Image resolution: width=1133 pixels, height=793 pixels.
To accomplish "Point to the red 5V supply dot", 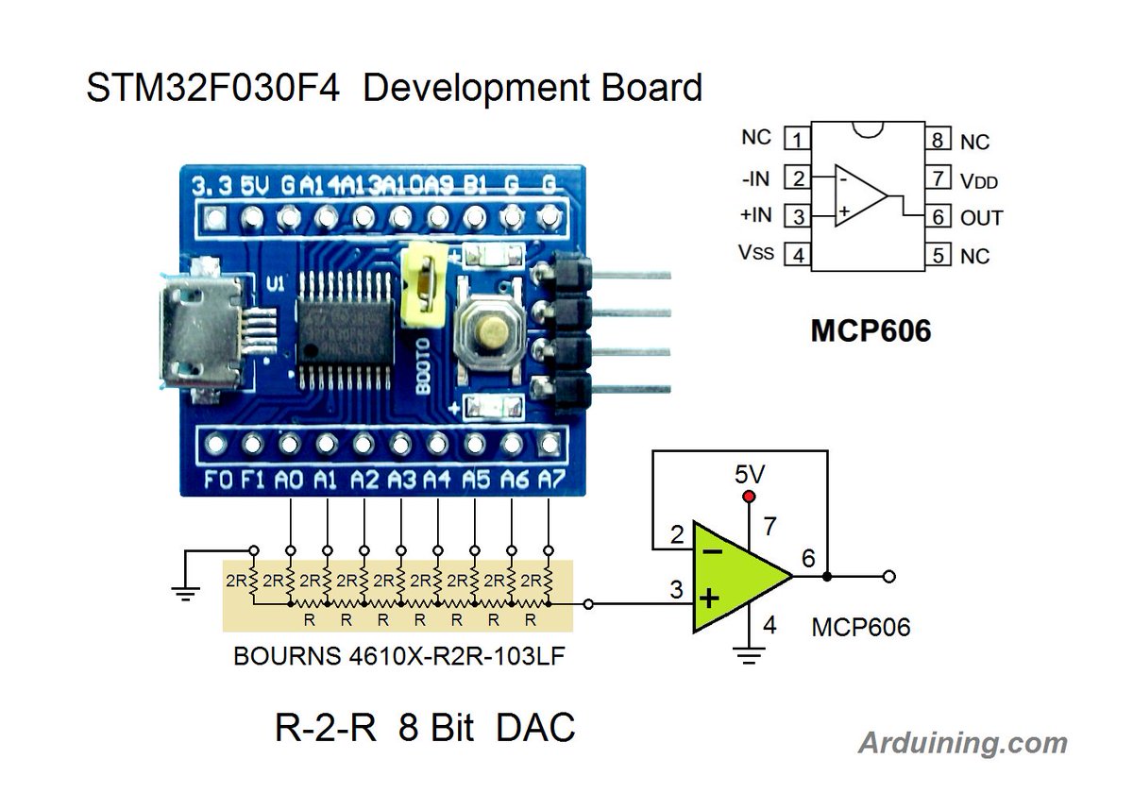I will click(750, 497).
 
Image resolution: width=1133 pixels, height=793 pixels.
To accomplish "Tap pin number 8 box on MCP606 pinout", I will click(937, 141).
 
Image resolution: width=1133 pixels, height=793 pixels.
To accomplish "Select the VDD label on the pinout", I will click(978, 179).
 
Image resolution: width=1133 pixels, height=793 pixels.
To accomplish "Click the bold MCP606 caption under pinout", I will click(870, 330).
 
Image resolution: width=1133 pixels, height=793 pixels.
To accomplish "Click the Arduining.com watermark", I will click(962, 743).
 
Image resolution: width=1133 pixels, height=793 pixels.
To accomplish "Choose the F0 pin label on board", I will click(217, 480).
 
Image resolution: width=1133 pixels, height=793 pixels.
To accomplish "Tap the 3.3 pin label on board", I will click(211, 186).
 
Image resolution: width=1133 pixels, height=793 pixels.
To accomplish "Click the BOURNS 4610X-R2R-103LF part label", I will click(398, 656).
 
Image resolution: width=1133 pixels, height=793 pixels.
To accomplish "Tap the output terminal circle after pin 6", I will click(888, 576).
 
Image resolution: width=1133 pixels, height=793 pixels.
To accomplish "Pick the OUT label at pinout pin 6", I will click(981, 217).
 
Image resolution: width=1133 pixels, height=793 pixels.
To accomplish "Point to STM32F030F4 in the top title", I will click(217, 88).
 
